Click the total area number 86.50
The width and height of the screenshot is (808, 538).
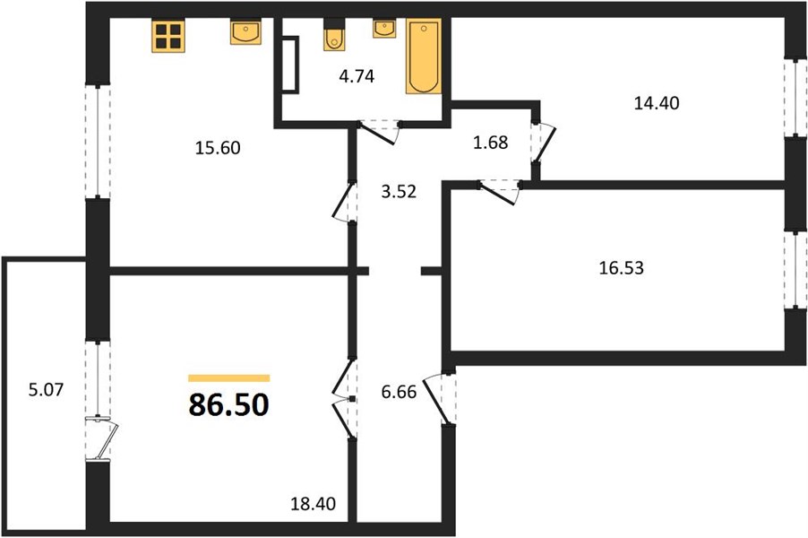tap(228, 405)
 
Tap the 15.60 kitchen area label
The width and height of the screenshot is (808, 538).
tap(218, 148)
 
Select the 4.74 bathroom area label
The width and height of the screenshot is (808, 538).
tap(357, 76)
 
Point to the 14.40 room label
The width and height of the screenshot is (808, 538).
tap(657, 103)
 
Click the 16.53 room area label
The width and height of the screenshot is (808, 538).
tap(622, 268)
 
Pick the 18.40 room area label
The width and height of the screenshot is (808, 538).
tap(314, 503)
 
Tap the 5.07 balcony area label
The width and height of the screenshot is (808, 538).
tap(46, 389)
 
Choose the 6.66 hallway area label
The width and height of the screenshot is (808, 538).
tap(399, 392)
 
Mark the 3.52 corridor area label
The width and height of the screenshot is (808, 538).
tap(399, 192)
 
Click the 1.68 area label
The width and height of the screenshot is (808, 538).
tap(491, 143)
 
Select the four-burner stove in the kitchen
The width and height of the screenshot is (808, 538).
tap(168, 36)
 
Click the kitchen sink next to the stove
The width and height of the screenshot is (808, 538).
tap(245, 32)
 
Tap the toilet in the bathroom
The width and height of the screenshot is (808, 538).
tap(334, 35)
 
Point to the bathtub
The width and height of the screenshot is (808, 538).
tap(424, 56)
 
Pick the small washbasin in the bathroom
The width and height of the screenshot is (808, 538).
tap(384, 29)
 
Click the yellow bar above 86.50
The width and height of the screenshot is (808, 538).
tap(228, 378)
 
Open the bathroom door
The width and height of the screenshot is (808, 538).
tap(380, 132)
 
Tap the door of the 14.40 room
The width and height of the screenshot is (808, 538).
tap(544, 143)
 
